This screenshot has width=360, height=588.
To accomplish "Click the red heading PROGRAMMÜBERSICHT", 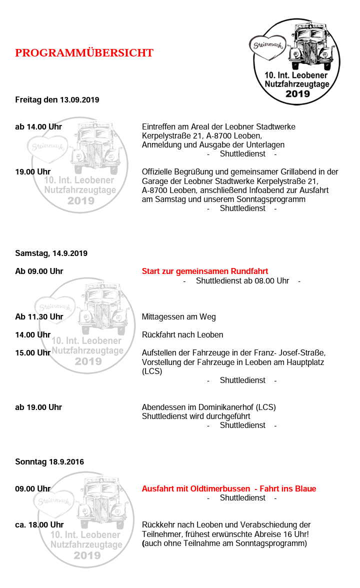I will click(84, 53).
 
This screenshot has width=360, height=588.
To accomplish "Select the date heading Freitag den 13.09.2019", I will click(57, 99).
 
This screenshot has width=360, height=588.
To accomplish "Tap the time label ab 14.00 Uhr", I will click(38, 126).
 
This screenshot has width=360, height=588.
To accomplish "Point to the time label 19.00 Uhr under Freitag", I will click(32, 171).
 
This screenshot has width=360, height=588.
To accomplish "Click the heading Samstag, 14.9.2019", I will click(51, 253).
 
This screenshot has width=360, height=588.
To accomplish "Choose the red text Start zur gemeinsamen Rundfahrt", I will click(205, 271).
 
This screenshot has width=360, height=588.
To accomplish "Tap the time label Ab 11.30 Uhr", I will click(39, 316).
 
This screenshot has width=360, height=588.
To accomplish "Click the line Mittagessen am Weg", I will click(178, 316).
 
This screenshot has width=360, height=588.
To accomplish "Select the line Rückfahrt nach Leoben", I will click(182, 334).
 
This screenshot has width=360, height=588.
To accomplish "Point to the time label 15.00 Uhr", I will click(32, 352).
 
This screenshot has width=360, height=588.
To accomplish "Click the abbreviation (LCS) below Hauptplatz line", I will click(152, 371).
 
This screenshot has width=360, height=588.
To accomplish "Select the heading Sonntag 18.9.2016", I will click(49, 461).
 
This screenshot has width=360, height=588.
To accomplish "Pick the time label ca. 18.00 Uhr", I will click(39, 524).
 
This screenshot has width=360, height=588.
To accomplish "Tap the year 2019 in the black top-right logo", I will click(297, 93).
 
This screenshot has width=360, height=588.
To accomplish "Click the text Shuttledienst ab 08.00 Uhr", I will click(242, 280).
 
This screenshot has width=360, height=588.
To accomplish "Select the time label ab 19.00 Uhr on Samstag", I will click(38, 407).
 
